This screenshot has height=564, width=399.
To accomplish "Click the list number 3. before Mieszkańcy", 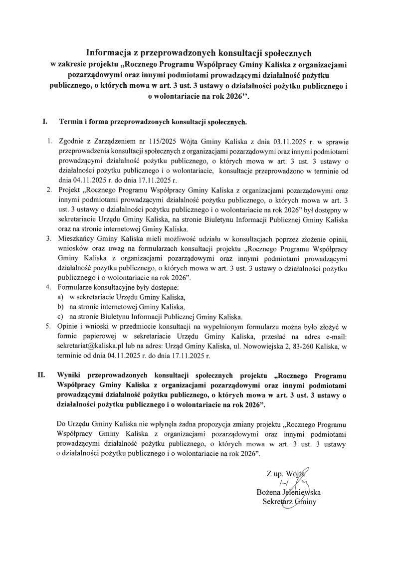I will [x=49, y=238].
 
